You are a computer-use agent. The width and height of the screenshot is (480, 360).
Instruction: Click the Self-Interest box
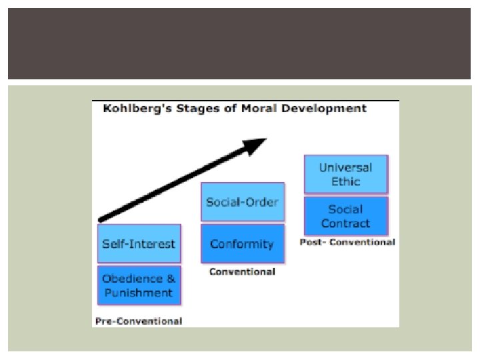pos(139,244)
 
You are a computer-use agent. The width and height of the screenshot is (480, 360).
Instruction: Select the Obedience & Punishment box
pos(139,285)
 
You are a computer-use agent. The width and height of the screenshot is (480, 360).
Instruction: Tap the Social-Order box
pos(242,202)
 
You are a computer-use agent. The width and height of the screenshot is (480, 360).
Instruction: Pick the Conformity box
pos(242,244)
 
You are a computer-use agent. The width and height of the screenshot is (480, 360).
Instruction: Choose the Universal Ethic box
pos(345,175)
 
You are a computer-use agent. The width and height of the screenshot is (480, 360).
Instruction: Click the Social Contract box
pos(345,216)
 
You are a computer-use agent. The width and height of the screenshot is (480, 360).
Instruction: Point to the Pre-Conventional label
pos(139,321)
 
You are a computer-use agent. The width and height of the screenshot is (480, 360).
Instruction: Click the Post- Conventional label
pos(347,242)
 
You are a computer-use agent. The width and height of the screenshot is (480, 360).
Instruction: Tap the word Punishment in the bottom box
pos(139,293)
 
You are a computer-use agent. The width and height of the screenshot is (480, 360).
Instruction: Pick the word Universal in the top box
pos(345,168)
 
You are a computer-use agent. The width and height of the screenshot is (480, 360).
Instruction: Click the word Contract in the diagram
pos(345,223)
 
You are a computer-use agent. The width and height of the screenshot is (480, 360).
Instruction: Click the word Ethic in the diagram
pos(345,181)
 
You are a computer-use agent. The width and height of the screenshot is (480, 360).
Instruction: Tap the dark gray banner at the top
pos(240,44)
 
